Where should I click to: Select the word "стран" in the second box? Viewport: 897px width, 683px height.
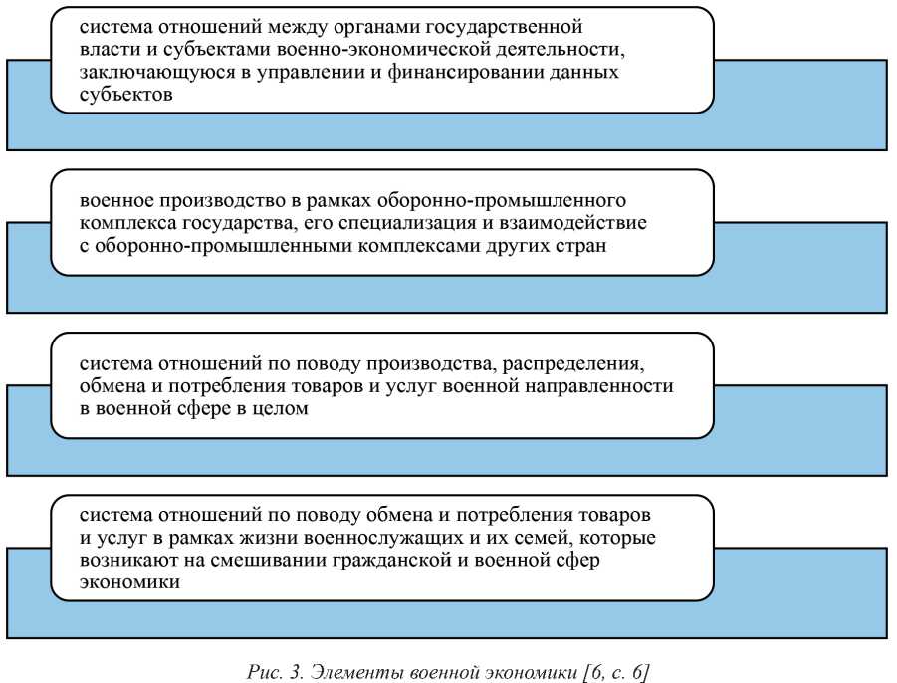coord(582,245)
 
